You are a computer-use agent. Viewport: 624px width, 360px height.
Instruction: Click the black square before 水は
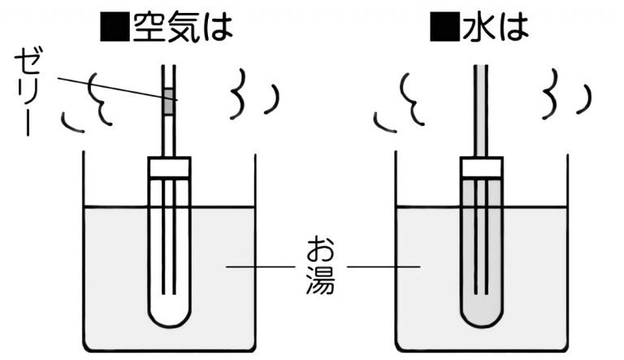click(444, 28)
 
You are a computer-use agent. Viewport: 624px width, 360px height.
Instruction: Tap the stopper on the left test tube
click(169, 167)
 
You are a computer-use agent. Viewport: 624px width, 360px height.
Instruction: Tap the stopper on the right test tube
click(482, 167)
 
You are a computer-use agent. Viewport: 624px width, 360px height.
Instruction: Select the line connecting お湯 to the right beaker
click(382, 266)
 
